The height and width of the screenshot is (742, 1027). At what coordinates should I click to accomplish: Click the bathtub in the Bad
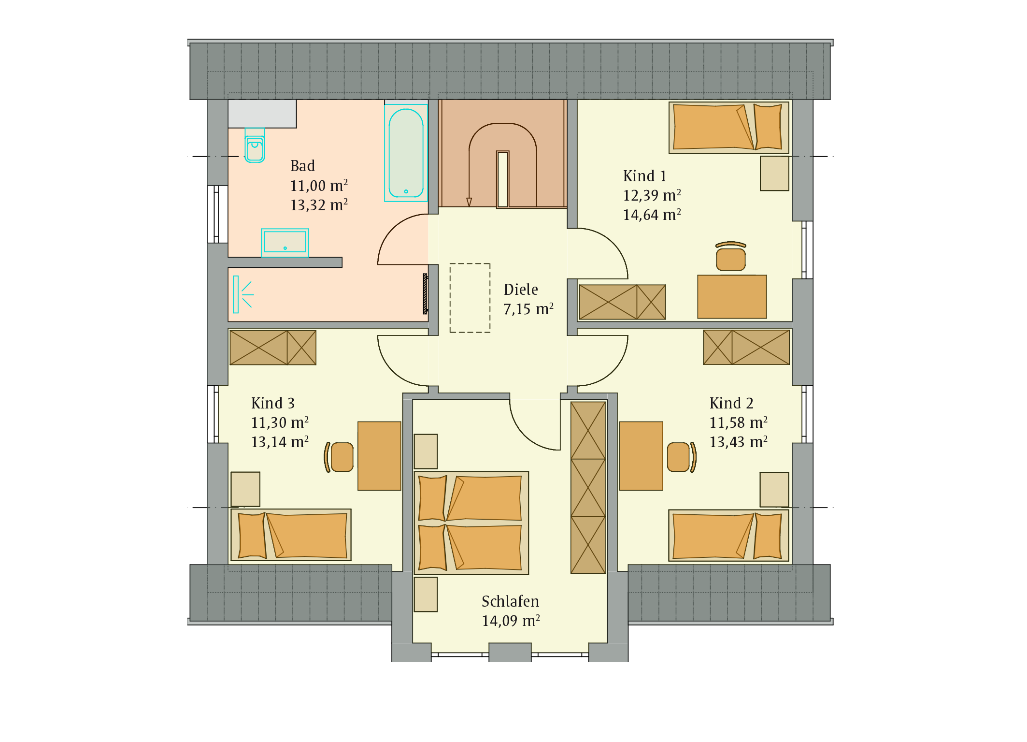coord(406,153)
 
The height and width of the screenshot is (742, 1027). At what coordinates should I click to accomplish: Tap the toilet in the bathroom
coord(255,145)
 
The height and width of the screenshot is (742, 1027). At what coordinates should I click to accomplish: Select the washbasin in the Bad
coord(285,243)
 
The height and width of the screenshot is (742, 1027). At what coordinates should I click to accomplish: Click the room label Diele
coord(521,290)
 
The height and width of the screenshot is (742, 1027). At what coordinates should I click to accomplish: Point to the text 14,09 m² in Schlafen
coord(511,621)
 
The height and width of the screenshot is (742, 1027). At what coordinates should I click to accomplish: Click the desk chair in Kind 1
coord(731,256)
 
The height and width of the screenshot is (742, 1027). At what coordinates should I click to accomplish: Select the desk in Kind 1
coord(732,297)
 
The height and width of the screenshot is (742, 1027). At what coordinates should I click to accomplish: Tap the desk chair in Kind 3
coord(339,457)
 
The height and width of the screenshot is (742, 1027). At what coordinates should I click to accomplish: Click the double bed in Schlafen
coord(471,523)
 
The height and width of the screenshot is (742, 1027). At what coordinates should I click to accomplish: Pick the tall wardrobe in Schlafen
coord(588,488)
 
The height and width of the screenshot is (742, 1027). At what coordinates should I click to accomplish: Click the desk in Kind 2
coord(641,456)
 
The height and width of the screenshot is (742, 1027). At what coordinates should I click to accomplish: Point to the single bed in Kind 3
coord(291,535)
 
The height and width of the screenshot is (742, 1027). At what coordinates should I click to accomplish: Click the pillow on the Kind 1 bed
coord(768,127)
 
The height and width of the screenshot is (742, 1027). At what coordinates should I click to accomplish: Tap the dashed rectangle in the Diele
coord(470,298)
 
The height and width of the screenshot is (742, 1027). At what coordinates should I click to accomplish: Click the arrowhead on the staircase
coord(469,202)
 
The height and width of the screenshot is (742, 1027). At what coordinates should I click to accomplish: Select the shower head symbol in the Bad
coord(242,294)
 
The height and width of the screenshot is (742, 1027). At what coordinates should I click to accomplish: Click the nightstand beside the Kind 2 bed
coord(774,490)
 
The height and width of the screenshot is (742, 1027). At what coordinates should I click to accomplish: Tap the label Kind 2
coord(731,403)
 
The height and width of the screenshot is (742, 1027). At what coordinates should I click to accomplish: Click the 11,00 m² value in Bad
coord(319,186)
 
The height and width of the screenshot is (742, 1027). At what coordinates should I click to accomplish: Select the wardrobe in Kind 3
coord(273,348)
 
